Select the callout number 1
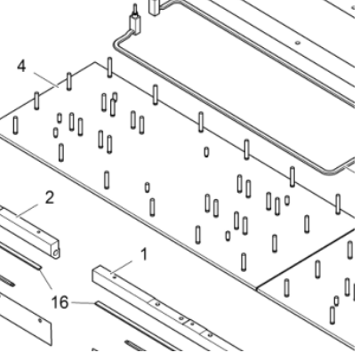(x=142, y=255)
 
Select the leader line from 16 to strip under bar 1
(x=84, y=303)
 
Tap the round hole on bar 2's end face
(x=56, y=253)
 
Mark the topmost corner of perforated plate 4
(x=96, y=63)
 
